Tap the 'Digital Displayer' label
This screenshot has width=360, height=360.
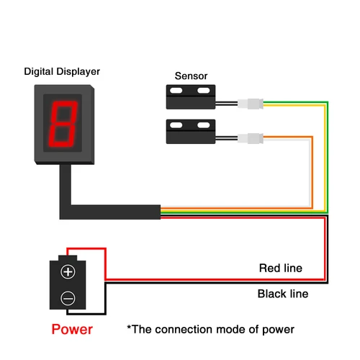pyautogui.click(x=62, y=72)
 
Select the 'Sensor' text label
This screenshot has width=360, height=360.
pyautogui.click(x=190, y=76)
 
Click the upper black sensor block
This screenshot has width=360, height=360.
pyautogui.click(x=192, y=92)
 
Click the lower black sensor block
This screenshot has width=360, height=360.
pyautogui.click(x=192, y=130)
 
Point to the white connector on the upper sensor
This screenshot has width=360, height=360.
pyautogui.click(x=253, y=104)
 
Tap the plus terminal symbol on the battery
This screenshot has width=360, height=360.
pyautogui.click(x=68, y=271)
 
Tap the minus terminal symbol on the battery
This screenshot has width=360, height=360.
pyautogui.click(x=68, y=296)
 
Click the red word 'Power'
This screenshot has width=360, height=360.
pyautogui.click(x=71, y=330)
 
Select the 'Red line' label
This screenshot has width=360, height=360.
pyautogui.click(x=280, y=269)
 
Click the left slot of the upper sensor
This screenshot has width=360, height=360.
pyautogui.click(x=176, y=90)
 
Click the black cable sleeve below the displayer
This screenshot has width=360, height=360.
pyautogui.click(x=108, y=211)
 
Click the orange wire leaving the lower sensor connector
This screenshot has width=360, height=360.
pyautogui.click(x=288, y=138)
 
